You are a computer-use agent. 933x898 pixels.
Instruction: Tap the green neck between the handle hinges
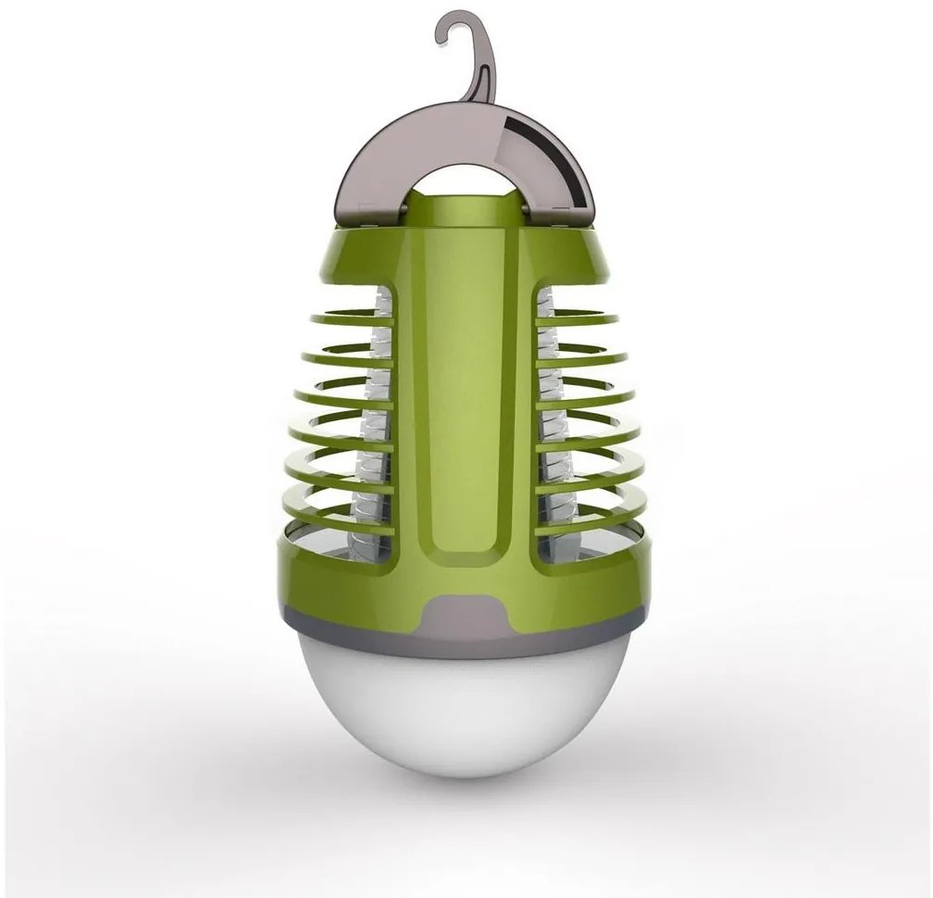tap(465, 213)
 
